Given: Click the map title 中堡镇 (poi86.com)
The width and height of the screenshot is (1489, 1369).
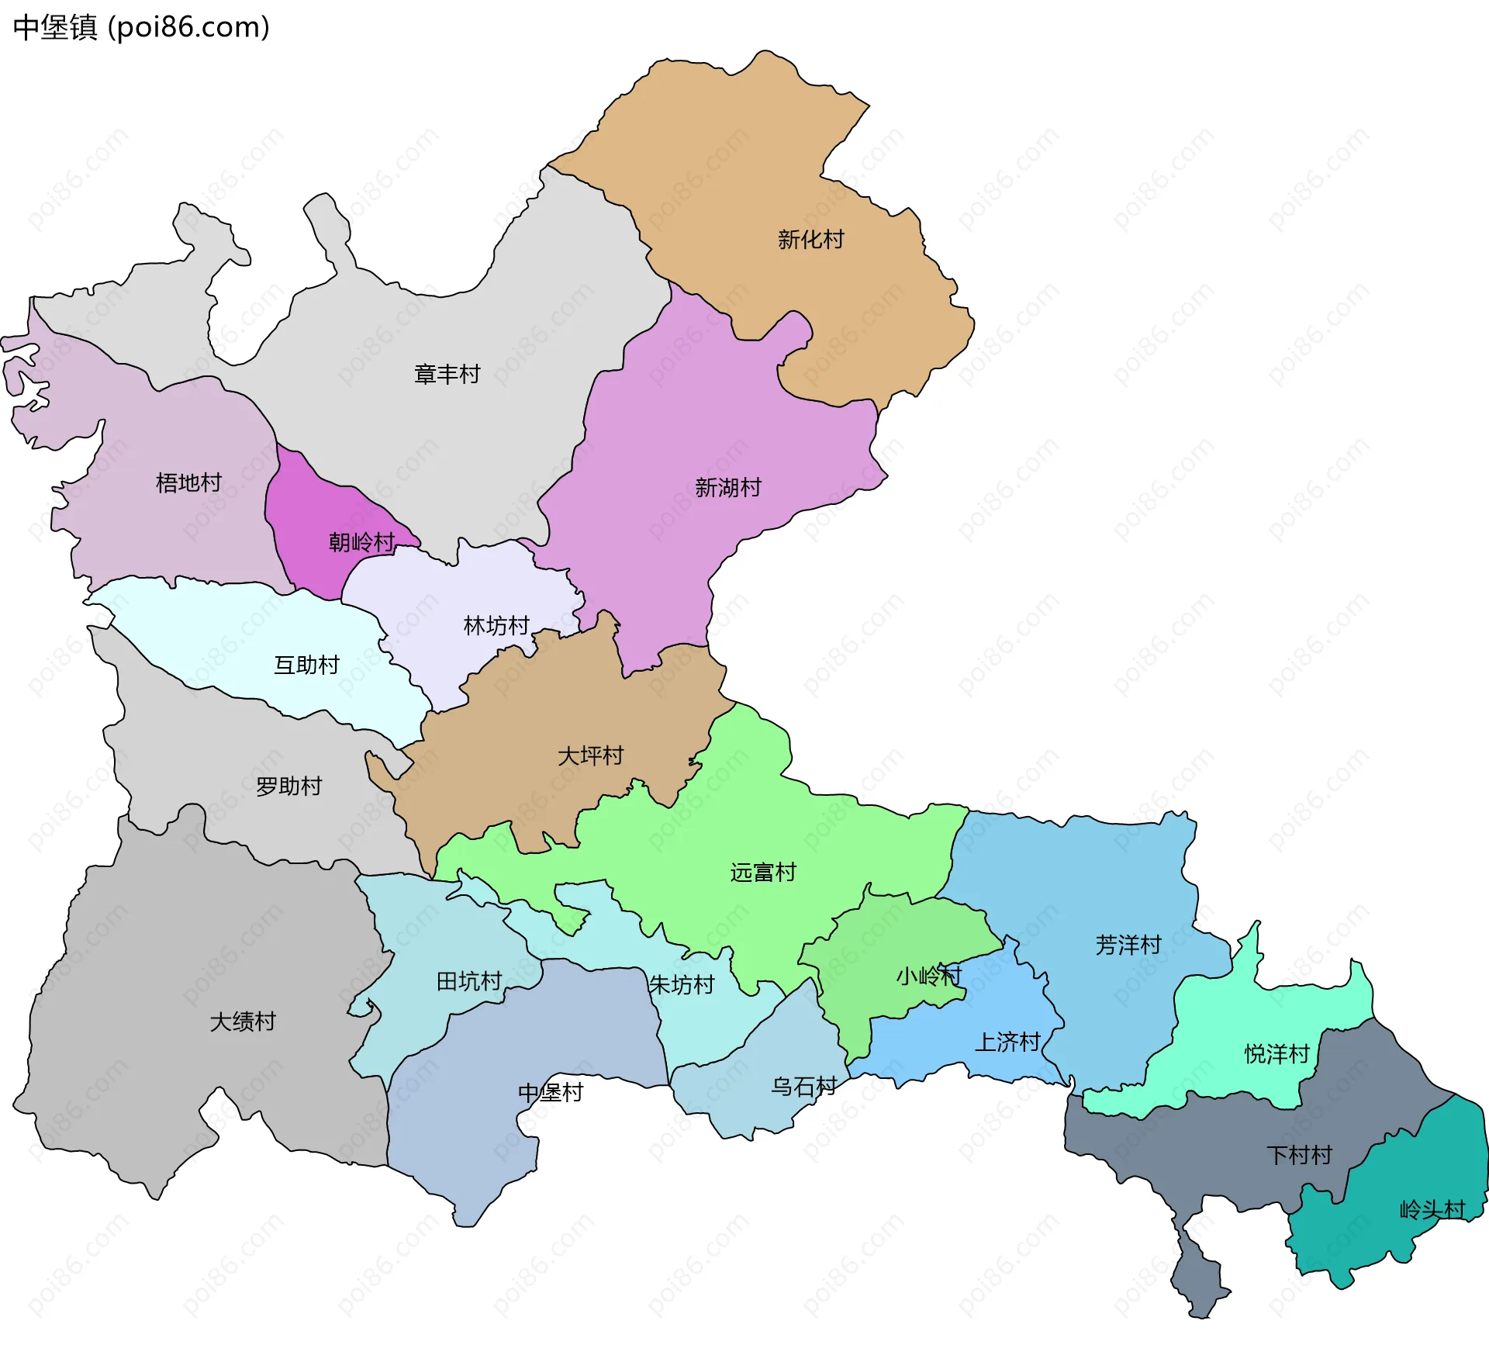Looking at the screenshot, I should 141,27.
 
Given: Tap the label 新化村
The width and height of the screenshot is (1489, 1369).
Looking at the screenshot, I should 810,240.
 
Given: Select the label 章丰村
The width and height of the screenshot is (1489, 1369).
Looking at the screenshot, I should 447,375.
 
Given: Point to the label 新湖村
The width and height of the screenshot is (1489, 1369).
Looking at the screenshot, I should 727,488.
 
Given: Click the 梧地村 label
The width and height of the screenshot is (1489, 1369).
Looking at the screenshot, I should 188,483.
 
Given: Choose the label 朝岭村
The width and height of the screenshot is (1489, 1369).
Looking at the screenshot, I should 361,542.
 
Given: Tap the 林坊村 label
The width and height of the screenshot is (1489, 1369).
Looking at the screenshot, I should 496,626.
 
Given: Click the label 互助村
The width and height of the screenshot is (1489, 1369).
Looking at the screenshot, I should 306,665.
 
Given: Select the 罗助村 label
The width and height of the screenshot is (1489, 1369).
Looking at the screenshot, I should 288,786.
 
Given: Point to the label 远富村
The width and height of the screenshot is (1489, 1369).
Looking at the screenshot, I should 762,873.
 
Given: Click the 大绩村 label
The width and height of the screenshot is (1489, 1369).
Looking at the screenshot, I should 243,1022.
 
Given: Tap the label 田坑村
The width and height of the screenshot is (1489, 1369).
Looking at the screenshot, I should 469,982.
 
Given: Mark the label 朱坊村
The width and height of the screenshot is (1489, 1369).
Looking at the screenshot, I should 681,985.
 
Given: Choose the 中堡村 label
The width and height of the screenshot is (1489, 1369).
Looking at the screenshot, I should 551,1093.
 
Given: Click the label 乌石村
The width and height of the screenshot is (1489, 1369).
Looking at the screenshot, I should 803,1087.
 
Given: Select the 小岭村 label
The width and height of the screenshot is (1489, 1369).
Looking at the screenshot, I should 928,976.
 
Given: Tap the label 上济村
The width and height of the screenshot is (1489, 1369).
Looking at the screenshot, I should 1007,1042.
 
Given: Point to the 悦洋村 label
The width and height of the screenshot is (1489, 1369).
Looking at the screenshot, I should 1277,1054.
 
